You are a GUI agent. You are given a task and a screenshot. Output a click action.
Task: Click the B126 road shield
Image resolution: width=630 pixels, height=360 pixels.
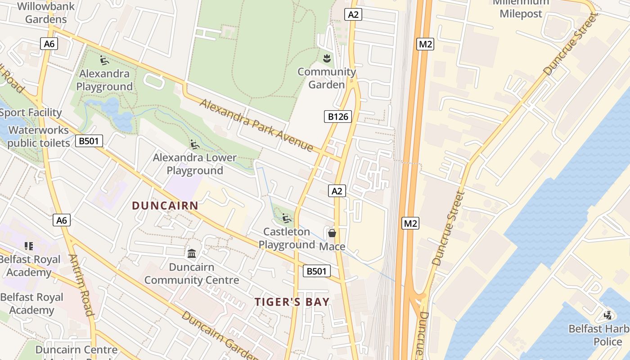338,117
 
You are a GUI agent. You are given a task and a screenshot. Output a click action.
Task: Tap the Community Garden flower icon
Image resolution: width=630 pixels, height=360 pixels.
327,58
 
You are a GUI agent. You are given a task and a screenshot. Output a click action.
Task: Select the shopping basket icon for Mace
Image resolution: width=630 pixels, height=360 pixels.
332,233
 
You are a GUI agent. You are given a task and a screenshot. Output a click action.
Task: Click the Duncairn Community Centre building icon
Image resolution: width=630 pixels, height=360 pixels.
192,253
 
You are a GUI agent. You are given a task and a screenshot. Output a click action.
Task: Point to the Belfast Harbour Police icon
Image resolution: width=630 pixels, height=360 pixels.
608,315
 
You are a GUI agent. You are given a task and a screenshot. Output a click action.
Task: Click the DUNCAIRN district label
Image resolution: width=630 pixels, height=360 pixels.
165,206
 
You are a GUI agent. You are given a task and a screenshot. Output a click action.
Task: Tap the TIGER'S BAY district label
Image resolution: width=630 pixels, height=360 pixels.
292,301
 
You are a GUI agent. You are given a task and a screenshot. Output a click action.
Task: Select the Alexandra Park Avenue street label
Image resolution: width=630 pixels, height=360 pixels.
256,125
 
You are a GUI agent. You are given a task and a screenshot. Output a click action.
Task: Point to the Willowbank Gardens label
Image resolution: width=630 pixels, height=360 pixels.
46,13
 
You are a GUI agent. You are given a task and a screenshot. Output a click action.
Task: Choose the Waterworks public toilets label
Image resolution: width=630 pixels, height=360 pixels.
39,137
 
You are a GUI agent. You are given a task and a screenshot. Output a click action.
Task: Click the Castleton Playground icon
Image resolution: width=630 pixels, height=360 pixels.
287,219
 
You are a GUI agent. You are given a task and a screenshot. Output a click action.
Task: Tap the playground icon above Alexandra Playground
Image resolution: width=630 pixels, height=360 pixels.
104,60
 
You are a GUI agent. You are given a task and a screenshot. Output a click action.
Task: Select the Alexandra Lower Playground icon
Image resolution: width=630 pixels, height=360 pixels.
195,144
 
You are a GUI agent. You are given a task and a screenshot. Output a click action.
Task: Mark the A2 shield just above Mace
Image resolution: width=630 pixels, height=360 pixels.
337,191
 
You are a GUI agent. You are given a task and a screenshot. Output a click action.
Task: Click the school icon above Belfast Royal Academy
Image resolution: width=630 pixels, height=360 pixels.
29,246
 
